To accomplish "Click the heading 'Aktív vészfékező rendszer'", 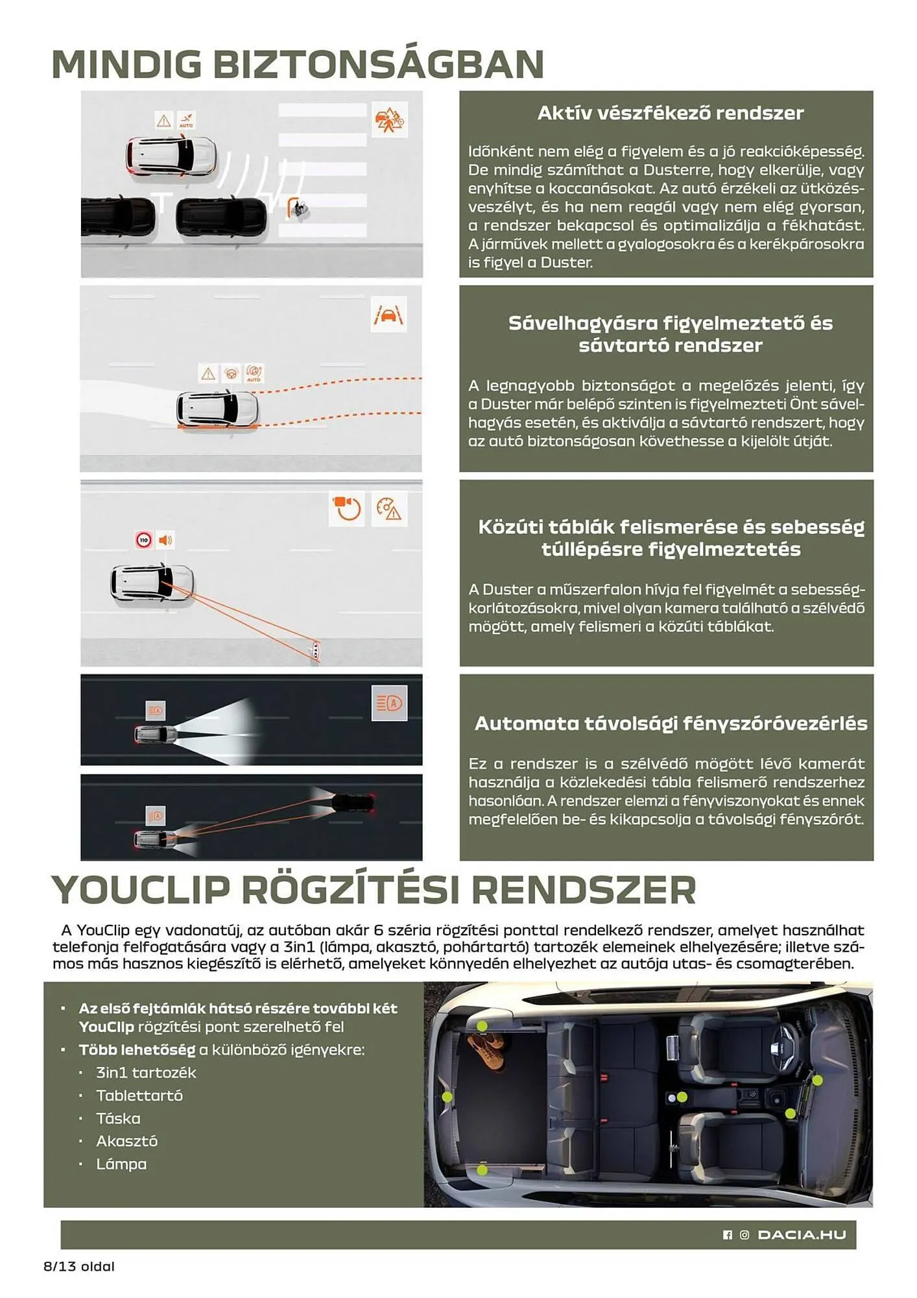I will tap(670, 113).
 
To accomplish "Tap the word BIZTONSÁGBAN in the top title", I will tap(378, 64).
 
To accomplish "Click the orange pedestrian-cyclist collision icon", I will tap(389, 119).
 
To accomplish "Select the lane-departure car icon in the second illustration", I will tap(388, 315).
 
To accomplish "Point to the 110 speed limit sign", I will tap(144, 540).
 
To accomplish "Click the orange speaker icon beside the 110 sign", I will tap(165, 540).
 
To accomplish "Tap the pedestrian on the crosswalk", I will tap(299, 208).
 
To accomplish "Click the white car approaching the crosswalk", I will tap(171, 156).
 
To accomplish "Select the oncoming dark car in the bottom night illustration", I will tap(352, 802).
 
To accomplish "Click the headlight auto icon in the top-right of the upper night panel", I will tap(389, 703).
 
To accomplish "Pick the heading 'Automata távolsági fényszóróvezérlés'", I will tap(671, 723).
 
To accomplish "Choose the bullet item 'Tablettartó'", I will tap(139, 1096).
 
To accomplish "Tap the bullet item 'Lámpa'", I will tap(121, 1164).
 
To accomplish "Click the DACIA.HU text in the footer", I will tap(802, 1234).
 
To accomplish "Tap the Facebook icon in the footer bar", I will tap(727, 1235).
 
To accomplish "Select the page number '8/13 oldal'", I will tap(79, 1266).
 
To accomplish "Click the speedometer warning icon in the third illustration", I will tap(389, 509).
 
